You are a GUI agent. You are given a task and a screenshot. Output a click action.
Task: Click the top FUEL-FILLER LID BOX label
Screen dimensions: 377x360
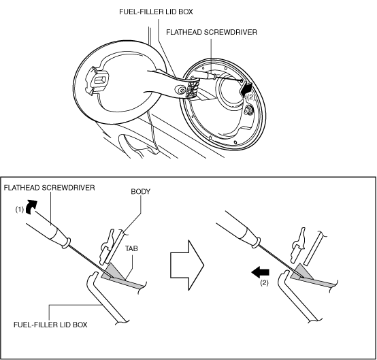156,12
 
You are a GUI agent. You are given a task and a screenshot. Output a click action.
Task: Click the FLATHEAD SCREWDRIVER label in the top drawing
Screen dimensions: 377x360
212,32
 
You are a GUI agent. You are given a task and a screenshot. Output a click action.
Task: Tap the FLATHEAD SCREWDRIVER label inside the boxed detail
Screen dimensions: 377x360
49,188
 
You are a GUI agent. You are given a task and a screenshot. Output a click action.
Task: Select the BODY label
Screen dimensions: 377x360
141,192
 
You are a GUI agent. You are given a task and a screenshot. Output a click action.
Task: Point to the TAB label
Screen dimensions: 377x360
131,248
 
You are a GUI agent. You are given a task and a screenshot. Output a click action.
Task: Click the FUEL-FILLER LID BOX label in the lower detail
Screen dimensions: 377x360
50,325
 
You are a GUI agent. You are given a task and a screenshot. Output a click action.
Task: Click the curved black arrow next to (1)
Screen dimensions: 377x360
31,207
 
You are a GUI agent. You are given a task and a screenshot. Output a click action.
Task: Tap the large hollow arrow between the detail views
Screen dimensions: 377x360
187,265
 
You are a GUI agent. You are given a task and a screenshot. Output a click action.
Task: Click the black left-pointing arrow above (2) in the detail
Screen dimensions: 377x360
261,272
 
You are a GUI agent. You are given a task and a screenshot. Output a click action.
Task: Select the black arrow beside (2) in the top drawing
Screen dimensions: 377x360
246,88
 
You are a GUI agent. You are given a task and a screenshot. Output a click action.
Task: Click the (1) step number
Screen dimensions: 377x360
20,210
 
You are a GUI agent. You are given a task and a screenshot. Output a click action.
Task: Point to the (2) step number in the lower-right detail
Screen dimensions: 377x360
264,283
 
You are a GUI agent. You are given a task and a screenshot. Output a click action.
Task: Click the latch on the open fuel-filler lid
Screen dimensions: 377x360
97,80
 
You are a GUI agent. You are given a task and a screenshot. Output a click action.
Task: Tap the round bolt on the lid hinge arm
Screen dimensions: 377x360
180,89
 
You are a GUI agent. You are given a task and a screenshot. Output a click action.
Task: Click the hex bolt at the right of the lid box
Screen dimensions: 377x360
248,111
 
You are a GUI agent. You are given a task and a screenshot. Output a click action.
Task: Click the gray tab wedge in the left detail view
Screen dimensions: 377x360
113,272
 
